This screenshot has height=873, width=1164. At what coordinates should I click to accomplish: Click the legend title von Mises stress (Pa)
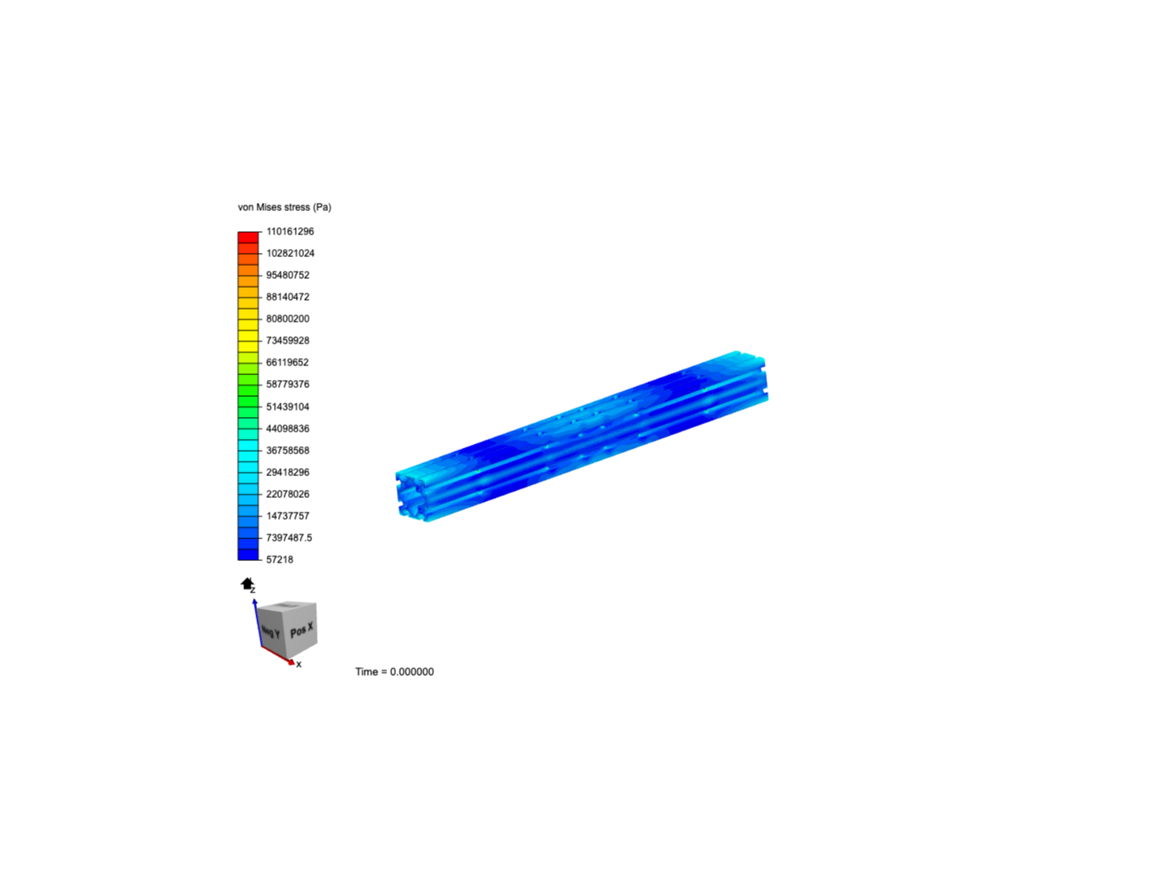point(284,207)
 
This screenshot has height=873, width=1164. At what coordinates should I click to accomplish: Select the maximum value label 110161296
point(289,231)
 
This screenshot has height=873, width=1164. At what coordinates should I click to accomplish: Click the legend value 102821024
point(289,253)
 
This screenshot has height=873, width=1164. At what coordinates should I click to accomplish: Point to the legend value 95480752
point(287,275)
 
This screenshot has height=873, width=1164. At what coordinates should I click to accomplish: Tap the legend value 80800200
point(287,318)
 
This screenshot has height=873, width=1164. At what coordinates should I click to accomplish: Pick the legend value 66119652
point(287,362)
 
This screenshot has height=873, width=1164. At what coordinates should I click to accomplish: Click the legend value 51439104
point(287,407)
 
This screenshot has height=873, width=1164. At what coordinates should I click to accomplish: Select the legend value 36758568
point(287,450)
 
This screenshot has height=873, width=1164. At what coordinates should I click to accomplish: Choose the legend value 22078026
point(287,494)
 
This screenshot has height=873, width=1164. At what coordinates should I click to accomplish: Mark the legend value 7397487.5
point(289,538)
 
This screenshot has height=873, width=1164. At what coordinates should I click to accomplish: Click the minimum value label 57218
point(279,559)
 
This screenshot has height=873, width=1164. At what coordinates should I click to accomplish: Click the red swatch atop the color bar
point(248,237)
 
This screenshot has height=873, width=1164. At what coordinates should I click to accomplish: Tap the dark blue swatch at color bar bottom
point(248,555)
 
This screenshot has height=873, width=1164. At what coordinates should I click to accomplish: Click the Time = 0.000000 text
point(394,672)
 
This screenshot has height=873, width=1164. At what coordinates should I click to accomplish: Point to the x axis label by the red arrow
point(298,664)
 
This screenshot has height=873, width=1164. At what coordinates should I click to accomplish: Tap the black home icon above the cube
point(247,584)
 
